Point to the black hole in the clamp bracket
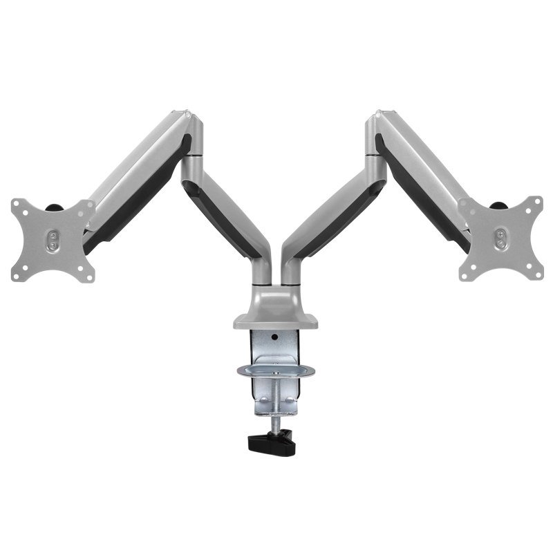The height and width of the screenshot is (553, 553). tap(275, 338)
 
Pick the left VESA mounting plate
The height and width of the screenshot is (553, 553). tap(53, 240)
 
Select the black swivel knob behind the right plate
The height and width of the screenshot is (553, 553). tap(498, 204)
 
